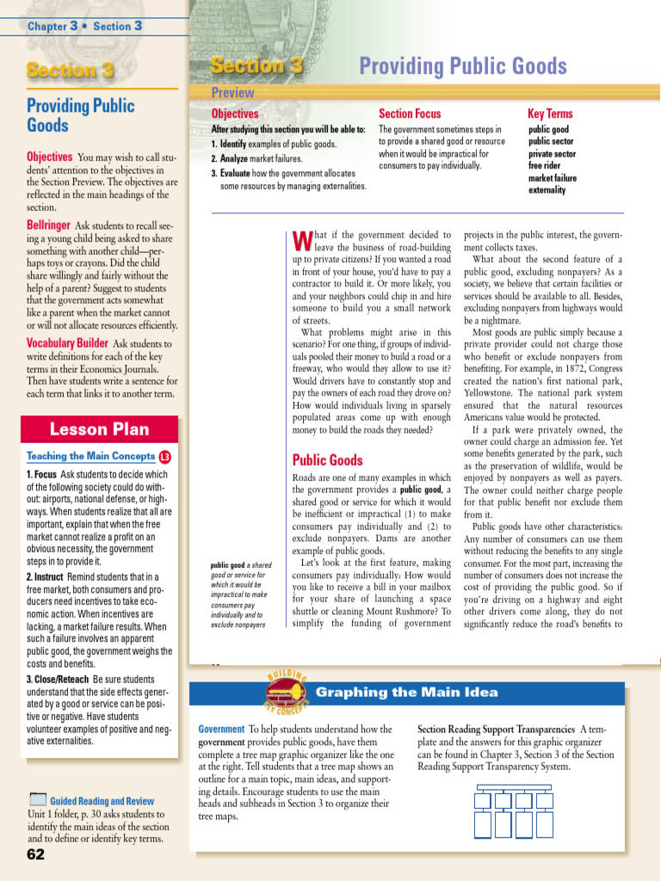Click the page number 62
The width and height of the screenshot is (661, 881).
click(35, 855)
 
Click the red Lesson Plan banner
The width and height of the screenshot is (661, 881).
click(99, 429)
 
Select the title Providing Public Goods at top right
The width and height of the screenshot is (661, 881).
click(462, 66)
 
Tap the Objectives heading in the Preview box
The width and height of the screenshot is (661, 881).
click(235, 114)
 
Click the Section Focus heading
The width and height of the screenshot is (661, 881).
click(410, 114)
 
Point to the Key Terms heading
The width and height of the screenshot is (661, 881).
click(549, 114)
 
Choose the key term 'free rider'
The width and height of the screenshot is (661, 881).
click(546, 166)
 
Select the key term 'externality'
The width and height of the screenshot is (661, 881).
click(547, 190)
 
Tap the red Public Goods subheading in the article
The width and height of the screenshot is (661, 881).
click(327, 460)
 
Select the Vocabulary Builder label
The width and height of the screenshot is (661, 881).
click(67, 343)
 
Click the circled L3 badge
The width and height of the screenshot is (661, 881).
click(165, 457)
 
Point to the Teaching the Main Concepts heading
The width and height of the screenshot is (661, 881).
click(90, 457)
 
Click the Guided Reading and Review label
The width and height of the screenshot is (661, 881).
click(102, 801)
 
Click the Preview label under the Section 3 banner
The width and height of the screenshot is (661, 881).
click(233, 93)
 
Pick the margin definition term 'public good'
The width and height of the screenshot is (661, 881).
click(231, 565)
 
